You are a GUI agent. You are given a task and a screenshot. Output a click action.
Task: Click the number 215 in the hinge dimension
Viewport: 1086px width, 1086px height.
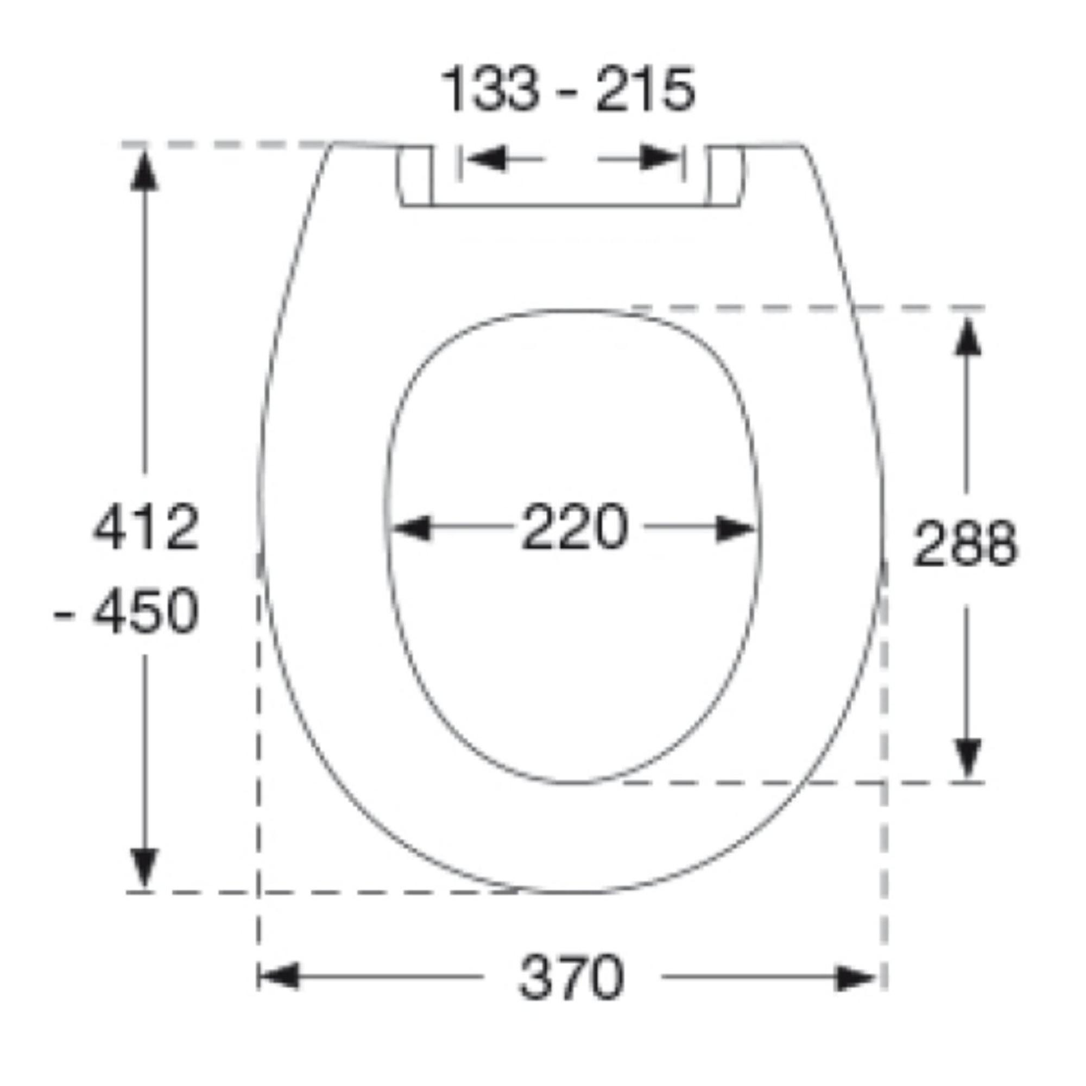645,90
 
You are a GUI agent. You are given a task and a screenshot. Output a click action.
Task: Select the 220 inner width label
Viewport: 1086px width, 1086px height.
574,527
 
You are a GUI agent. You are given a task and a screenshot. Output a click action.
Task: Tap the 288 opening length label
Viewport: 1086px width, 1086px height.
965,544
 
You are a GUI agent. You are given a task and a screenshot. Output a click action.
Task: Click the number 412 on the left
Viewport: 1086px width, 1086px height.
146,527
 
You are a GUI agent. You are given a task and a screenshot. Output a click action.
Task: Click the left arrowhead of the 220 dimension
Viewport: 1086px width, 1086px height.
411,528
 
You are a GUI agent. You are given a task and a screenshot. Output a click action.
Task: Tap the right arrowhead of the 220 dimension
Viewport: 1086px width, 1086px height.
735,528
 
